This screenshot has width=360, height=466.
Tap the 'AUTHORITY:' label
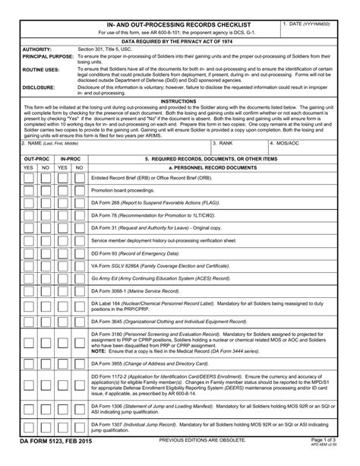(x=37, y=49)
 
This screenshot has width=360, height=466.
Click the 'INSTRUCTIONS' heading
(x=179, y=100)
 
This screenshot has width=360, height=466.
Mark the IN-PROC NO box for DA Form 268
(x=80, y=204)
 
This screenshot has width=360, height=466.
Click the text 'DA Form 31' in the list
(x=105, y=228)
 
